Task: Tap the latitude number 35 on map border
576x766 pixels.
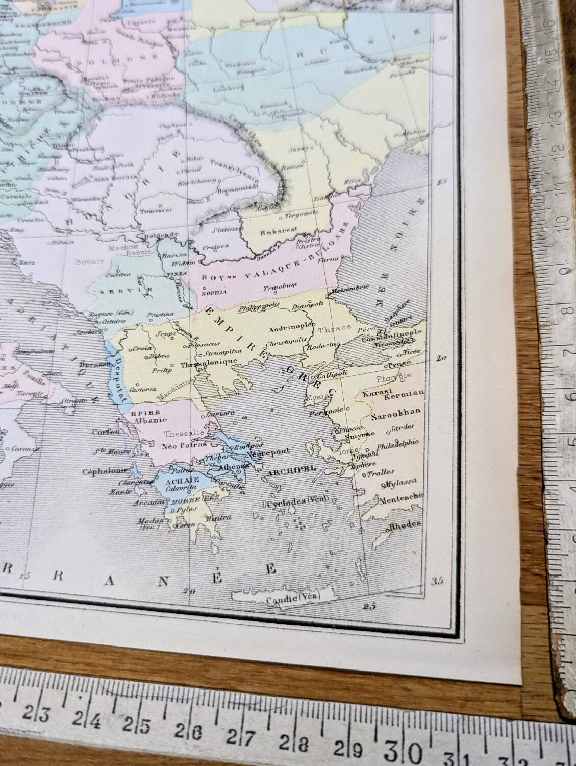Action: [x=437, y=581]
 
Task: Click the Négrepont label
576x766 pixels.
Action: [x=268, y=451]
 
